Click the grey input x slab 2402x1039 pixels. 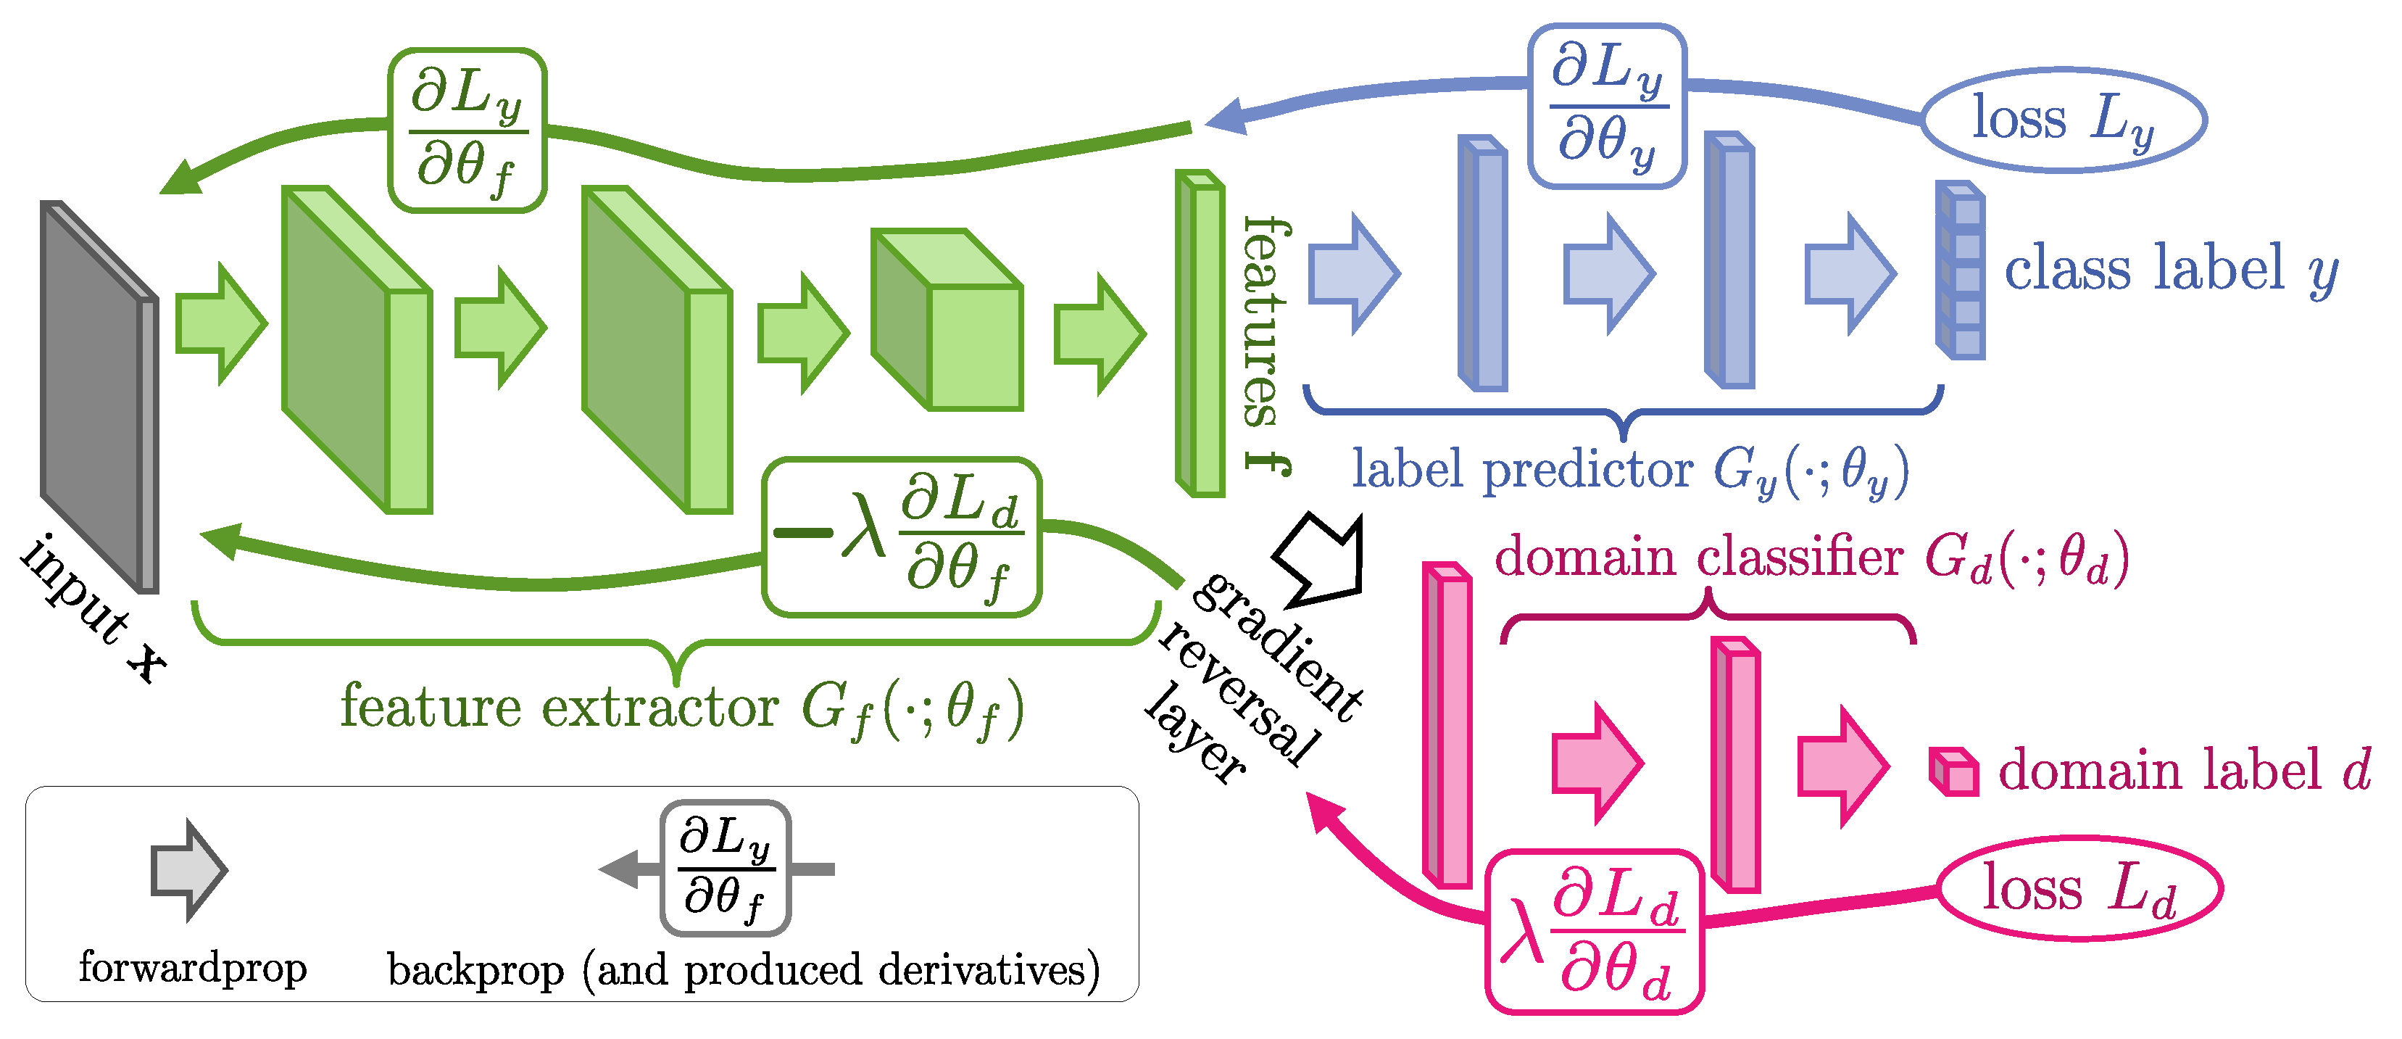pos(98,397)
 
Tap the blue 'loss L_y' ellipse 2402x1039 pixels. pos(2064,120)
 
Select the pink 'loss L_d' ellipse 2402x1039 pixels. pos(2080,888)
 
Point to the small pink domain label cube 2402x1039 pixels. pos(1953,772)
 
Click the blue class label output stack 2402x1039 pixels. pos(1961,270)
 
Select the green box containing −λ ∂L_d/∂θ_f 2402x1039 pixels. pos(902,537)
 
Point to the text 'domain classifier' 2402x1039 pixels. pos(1697,558)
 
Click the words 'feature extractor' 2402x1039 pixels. pos(560,706)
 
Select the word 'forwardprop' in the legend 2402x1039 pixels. pos(193,967)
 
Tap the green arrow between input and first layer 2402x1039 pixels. pos(221,323)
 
